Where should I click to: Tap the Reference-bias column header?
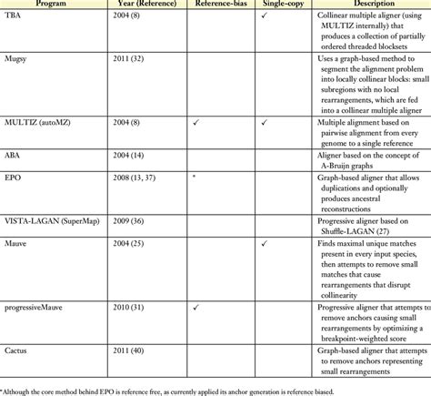pyautogui.click(x=215, y=5)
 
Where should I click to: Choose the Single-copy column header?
pyautogui.click(x=270, y=5)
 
